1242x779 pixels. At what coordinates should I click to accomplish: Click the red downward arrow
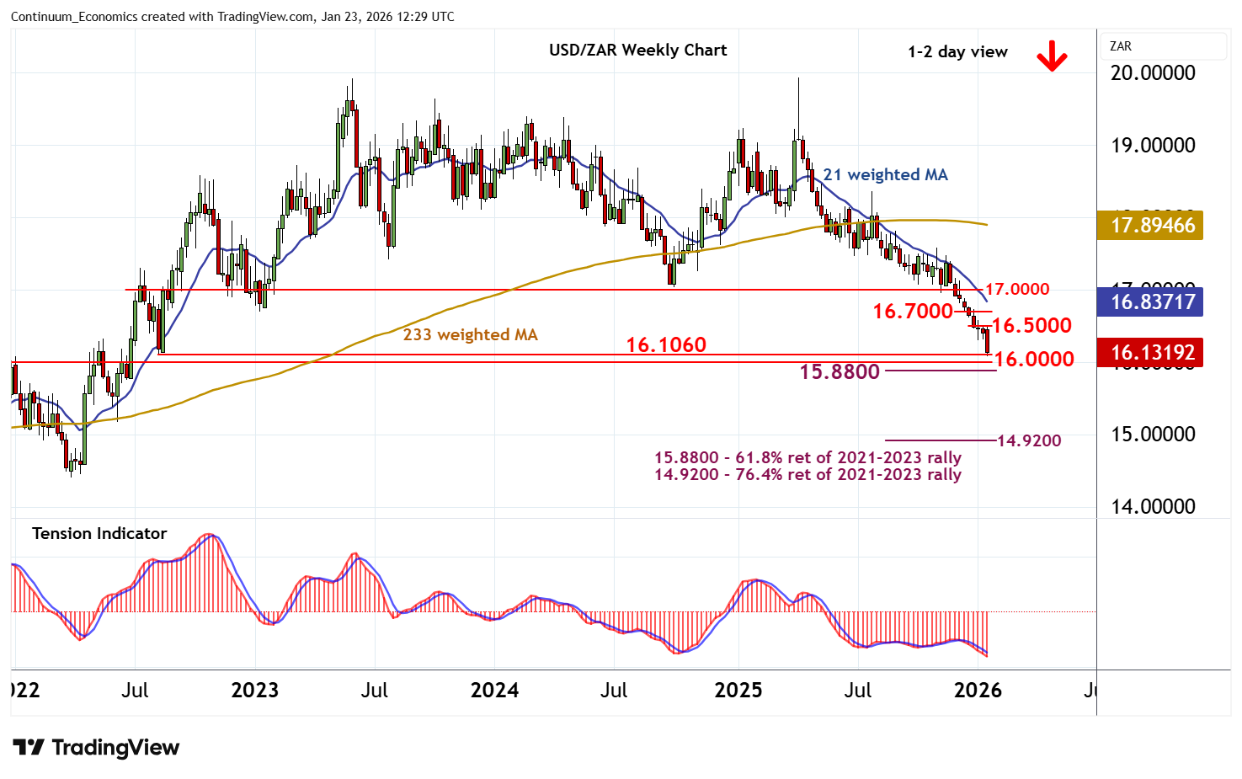[x=1052, y=57]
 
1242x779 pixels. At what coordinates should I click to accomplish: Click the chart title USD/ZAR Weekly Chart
[x=637, y=51]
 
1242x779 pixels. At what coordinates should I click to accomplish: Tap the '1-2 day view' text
[x=957, y=52]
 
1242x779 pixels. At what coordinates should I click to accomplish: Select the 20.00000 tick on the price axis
[x=1153, y=73]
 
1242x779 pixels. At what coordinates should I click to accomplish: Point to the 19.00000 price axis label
[x=1153, y=146]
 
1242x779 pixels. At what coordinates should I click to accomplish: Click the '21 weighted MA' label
[x=885, y=175]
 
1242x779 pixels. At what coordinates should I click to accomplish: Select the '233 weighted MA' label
[x=470, y=335]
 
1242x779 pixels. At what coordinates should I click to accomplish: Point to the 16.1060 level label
[x=666, y=344]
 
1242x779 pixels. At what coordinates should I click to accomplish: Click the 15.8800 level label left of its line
[x=840, y=371]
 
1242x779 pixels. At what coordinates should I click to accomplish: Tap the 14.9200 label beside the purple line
[x=1029, y=440]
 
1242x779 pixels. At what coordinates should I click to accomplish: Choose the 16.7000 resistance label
[x=913, y=312]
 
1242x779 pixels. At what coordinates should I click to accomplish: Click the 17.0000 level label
[x=1017, y=290]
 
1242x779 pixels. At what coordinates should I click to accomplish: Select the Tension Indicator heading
[x=99, y=533]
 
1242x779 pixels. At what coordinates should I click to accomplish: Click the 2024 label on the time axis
[x=494, y=691]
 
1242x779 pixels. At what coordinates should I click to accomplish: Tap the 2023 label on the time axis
[x=254, y=691]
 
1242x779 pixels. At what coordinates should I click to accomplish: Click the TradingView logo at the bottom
[x=96, y=748]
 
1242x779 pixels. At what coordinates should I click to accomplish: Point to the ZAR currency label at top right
[x=1121, y=46]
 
